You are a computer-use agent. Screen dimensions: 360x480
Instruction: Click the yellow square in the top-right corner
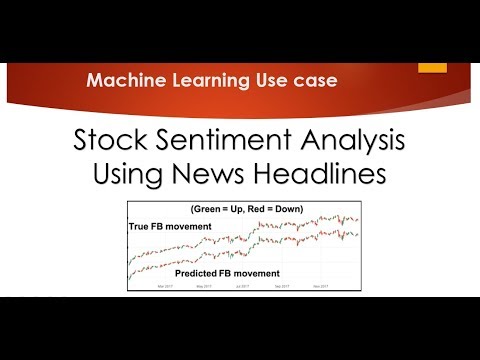432,64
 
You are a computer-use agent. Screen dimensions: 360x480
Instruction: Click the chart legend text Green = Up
218,208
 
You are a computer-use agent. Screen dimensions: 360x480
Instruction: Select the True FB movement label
171,227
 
